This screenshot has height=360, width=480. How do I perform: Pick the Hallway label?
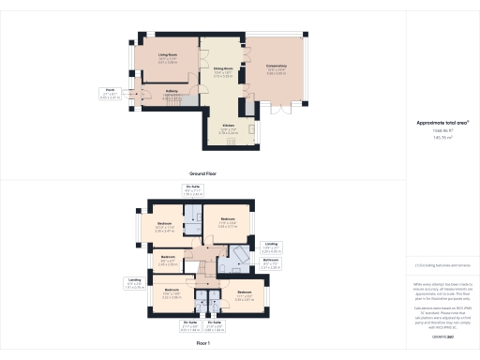coord(172,92)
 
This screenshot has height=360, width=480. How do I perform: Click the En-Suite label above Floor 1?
coord(193,189)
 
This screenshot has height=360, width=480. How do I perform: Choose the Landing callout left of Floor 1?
coord(134,280)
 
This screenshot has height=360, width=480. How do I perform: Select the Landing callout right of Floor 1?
coord(270,247)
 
